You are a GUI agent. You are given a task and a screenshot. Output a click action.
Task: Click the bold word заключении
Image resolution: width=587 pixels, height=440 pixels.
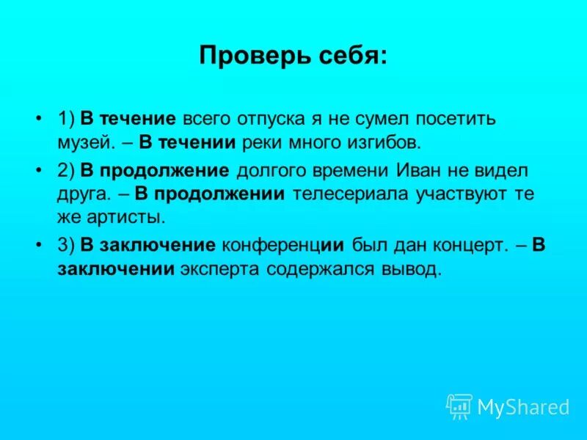pyautogui.click(x=116, y=269)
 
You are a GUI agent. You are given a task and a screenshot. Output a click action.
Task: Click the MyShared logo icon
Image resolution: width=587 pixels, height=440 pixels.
pyautogui.click(x=459, y=406)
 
